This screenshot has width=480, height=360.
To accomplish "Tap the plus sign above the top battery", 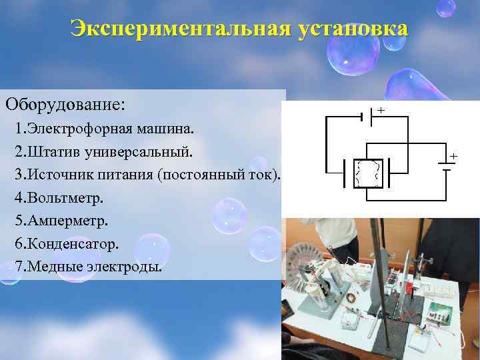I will click(x=381, y=109).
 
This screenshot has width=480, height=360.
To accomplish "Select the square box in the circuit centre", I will click(x=367, y=173).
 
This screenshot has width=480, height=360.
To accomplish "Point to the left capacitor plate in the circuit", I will click(x=345, y=173).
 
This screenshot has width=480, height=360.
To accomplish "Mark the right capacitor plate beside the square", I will click(x=389, y=173).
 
